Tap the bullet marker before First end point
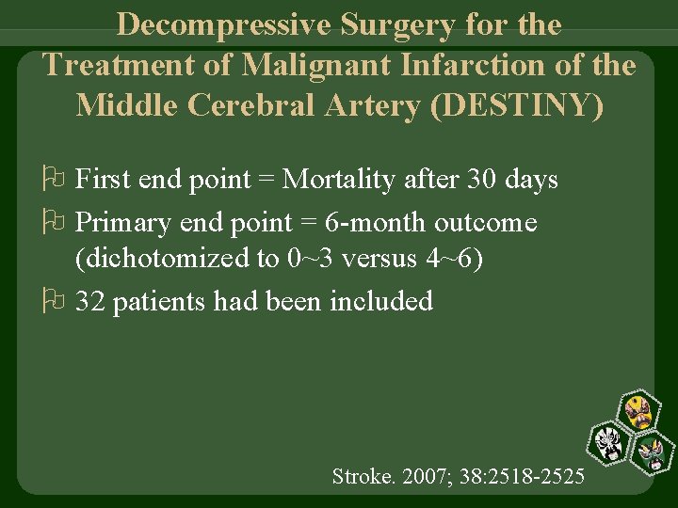tap(53, 179)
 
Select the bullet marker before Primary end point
tap(53, 223)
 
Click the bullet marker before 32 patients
tap(53, 301)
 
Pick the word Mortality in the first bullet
tap(340, 178)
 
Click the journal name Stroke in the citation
tap(357, 476)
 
